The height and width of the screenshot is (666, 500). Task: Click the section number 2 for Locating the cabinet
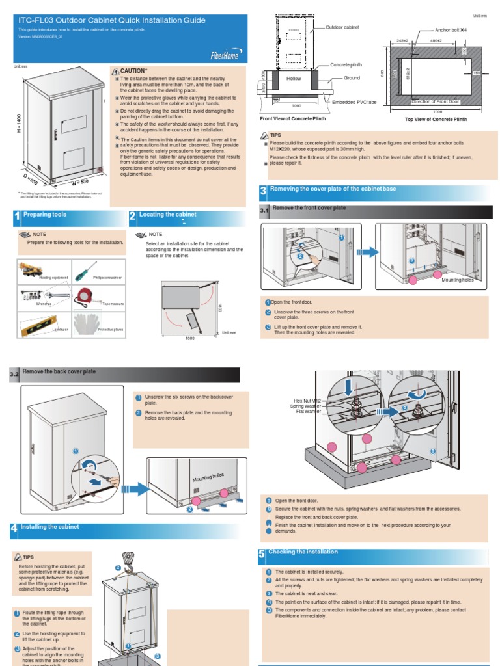pos(132,217)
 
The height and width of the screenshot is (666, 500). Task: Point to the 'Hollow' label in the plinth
pos(294,79)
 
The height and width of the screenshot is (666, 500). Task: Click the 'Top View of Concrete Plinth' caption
pos(436,120)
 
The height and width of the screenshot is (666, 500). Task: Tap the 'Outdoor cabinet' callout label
pos(342,28)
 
